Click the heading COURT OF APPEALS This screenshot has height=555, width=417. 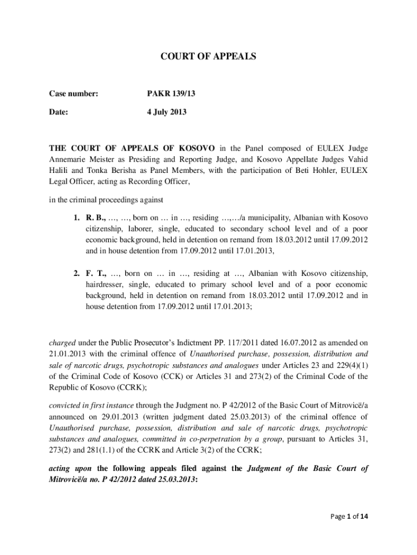pos(208,56)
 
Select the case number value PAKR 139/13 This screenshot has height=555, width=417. pos(171,94)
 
